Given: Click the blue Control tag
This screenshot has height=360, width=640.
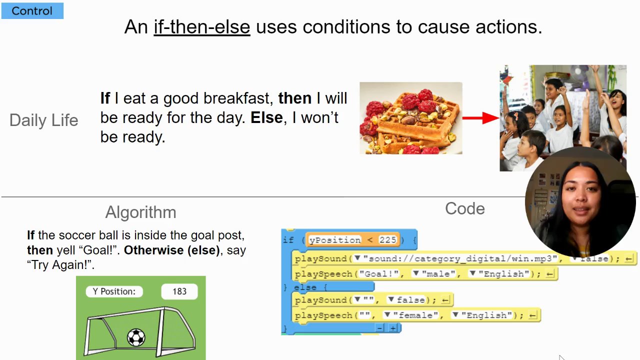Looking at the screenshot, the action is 32,11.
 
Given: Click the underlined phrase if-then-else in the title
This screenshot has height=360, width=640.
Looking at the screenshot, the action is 202,27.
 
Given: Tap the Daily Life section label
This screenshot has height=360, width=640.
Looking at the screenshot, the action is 43,120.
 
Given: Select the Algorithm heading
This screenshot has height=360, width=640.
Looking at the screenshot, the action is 141,212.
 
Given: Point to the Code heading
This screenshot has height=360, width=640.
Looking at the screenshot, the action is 465,208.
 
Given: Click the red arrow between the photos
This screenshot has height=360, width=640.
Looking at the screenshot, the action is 481,117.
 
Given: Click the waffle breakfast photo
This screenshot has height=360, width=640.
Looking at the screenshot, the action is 411,118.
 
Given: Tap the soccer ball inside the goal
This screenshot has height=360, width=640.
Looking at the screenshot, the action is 136,337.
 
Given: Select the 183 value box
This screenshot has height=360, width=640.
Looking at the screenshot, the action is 179,291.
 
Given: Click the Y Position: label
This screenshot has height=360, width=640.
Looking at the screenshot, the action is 114,291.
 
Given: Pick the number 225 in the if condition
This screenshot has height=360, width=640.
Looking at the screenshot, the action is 387,239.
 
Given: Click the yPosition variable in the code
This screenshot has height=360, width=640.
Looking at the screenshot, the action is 335,240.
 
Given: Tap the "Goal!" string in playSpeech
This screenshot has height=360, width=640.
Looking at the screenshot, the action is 379,273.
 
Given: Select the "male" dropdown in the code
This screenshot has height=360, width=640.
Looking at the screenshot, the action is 434,273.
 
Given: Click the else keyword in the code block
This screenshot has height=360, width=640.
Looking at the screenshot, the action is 305,287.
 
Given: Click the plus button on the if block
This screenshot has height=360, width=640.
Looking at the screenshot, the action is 393,328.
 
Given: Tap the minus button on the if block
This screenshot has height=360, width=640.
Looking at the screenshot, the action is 379,328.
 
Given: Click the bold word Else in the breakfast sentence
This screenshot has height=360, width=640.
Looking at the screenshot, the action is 266,117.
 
